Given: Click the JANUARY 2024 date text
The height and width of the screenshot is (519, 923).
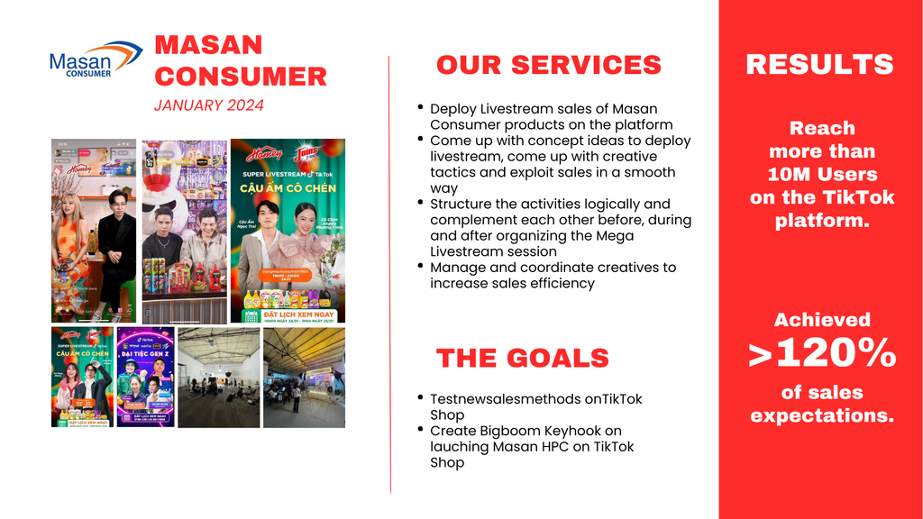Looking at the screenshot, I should click(209, 105).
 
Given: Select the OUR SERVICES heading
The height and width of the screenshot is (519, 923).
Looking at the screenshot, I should click(548, 65).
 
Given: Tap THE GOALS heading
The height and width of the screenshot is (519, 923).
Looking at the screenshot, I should click(523, 358).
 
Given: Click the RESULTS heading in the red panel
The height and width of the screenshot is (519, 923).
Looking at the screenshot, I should click(819, 64).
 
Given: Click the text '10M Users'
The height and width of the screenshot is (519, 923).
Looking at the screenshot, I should click(822, 174).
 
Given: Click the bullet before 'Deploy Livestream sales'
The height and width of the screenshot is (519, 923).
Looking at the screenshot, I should click(420, 107).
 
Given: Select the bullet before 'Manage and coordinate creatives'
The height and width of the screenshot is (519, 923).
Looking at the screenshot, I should click(420, 266).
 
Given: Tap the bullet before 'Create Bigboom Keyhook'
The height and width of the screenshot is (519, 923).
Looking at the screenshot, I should click(420, 429).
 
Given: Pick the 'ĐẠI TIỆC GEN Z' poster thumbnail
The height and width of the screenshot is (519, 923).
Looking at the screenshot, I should click(144, 377).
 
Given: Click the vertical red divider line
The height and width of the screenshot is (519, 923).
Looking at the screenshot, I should click(389, 270).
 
